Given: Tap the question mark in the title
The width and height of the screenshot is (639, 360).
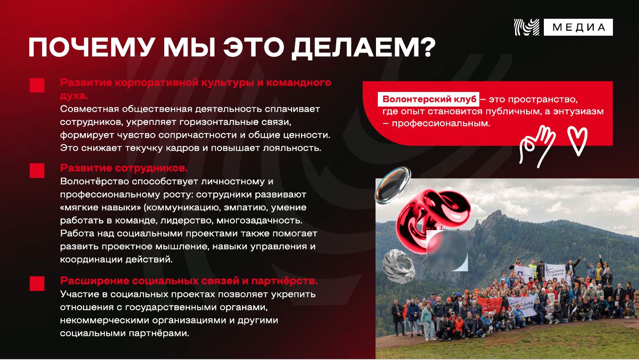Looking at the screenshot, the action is coord(427,48).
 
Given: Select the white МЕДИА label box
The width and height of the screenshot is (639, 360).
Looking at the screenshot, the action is coord(578,27).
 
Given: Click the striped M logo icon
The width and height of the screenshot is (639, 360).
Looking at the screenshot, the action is coord(526,27).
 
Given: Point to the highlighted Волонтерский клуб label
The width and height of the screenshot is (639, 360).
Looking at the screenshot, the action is coord(429,99).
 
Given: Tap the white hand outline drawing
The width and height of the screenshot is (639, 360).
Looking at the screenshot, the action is coord(537,146).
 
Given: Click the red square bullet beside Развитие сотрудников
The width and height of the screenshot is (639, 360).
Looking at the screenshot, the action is coord(37,171).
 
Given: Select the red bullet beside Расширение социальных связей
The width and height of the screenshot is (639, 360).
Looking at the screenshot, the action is coord(37,284).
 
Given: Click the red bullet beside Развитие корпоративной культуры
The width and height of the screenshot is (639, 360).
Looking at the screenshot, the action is coord(37,85).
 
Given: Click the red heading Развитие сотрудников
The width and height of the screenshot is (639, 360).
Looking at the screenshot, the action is coord(124,168).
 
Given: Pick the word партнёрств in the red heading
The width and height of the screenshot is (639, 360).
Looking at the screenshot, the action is coord(285,281).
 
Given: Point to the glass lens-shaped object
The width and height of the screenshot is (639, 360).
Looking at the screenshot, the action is coord(393,185).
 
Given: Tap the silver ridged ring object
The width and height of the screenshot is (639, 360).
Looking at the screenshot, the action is coord(399,266).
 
